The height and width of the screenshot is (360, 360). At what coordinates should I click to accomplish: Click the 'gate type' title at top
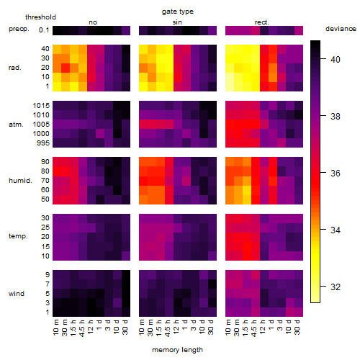(178, 12)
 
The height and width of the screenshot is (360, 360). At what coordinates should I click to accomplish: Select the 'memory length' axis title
(177, 350)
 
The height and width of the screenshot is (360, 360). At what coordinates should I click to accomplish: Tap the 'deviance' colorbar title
(341, 29)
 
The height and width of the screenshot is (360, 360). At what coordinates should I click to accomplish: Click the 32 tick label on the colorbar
(336, 287)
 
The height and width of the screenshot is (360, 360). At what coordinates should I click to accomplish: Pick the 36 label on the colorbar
(336, 173)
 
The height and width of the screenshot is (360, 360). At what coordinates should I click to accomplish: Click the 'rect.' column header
(261, 22)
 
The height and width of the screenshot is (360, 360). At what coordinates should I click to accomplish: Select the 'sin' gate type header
(177, 22)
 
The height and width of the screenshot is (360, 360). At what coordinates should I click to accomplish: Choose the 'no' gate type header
(93, 22)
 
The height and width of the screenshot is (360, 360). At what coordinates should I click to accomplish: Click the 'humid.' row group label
(20, 181)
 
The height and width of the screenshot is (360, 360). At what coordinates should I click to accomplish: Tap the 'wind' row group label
(17, 294)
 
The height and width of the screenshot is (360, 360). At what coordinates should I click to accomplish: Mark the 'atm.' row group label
(16, 125)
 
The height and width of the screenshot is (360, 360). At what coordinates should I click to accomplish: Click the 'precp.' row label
(19, 29)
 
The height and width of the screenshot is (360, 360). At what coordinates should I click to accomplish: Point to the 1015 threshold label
(41, 106)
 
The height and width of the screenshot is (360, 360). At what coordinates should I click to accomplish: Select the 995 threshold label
(43, 143)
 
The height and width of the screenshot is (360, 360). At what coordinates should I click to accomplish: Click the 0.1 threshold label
(44, 30)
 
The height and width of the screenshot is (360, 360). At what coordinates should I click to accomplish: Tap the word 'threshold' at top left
(40, 17)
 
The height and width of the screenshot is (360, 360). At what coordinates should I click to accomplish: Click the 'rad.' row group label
(15, 68)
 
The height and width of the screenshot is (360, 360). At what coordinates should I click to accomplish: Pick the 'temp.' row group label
(18, 236)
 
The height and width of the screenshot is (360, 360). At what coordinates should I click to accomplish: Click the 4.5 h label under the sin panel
(168, 328)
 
